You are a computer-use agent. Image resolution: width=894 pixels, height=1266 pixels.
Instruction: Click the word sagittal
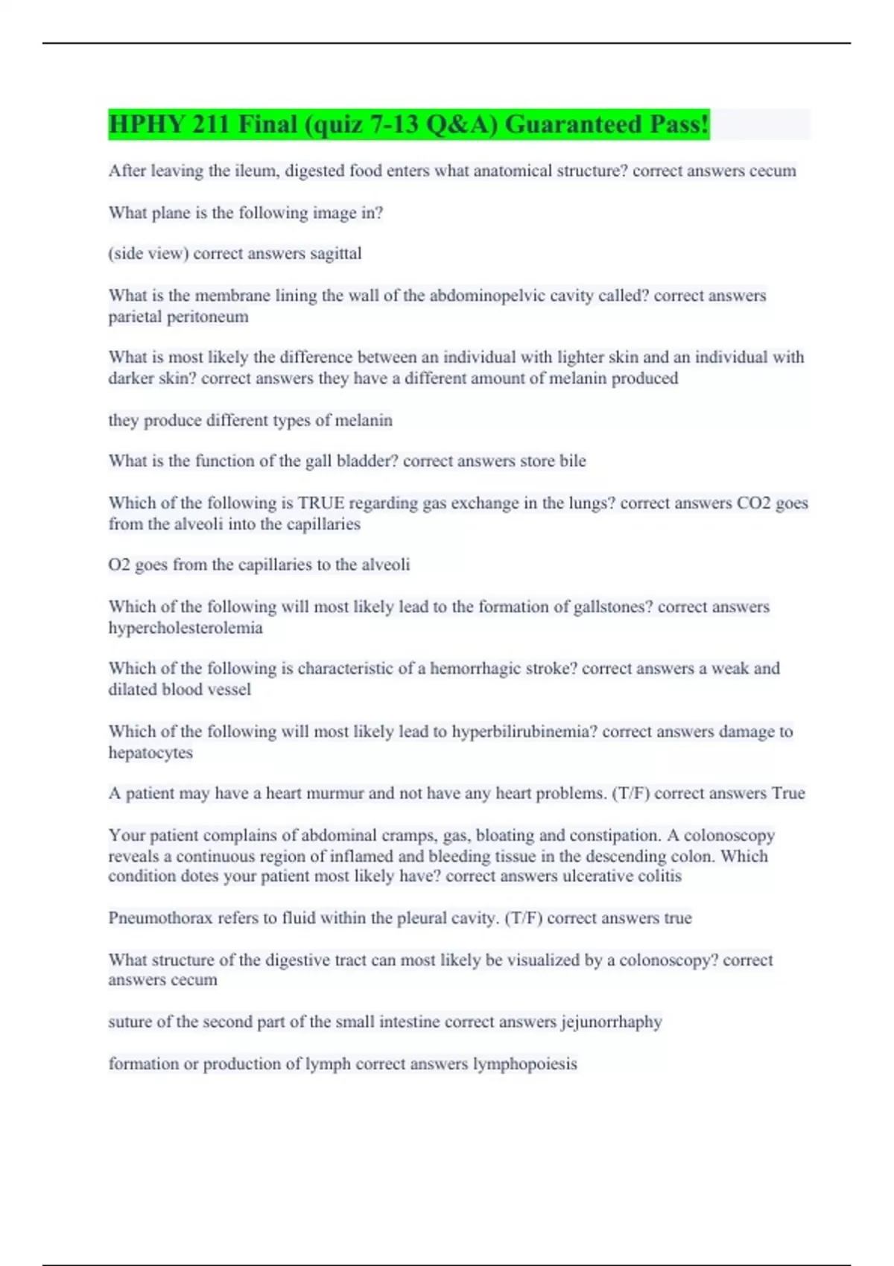point(335,254)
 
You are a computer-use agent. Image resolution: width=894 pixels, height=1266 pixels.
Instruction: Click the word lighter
point(527,357)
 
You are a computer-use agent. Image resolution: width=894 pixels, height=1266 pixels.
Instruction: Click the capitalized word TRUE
point(320,503)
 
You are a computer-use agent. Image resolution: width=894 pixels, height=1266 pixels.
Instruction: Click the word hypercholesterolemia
point(186,628)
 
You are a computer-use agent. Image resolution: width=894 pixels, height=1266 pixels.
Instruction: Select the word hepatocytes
point(150,753)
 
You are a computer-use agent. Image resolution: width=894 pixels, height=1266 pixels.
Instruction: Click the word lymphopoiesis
point(525,1064)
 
